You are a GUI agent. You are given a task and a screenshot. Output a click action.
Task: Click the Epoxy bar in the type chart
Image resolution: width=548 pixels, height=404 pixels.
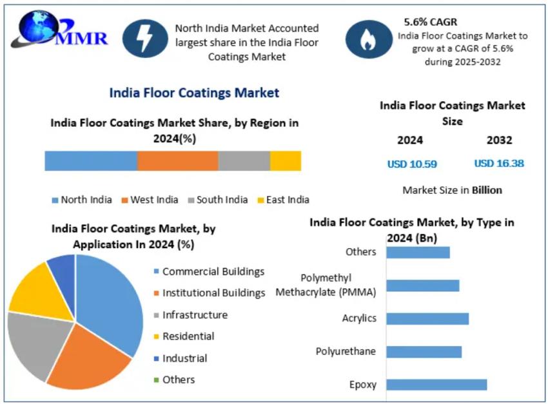point(436,385)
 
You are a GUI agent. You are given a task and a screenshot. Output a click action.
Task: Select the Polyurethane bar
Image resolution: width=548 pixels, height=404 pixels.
point(424,352)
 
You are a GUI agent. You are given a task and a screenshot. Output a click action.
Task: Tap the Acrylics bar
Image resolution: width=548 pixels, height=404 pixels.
point(427,318)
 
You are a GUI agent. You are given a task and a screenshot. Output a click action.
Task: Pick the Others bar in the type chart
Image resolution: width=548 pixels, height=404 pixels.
point(418,252)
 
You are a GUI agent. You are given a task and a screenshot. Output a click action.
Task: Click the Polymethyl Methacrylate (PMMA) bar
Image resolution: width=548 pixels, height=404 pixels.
point(422,285)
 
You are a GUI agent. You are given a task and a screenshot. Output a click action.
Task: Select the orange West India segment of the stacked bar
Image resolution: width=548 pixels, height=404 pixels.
point(177,161)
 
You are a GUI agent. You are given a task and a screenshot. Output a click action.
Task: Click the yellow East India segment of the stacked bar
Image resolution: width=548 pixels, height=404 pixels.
point(285,161)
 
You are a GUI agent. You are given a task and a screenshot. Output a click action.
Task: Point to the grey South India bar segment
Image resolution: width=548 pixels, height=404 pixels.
point(244,161)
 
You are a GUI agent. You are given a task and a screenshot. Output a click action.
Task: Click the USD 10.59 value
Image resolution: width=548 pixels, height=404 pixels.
point(412,164)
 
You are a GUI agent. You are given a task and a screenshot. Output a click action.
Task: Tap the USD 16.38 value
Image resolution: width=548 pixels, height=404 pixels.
point(499,163)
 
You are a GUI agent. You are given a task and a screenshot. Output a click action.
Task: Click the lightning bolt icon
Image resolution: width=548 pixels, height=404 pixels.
point(144,39)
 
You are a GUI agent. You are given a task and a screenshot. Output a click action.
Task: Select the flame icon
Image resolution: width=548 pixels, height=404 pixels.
point(369,39)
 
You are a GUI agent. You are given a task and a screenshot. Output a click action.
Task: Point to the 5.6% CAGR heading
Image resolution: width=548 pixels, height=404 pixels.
point(431,21)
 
